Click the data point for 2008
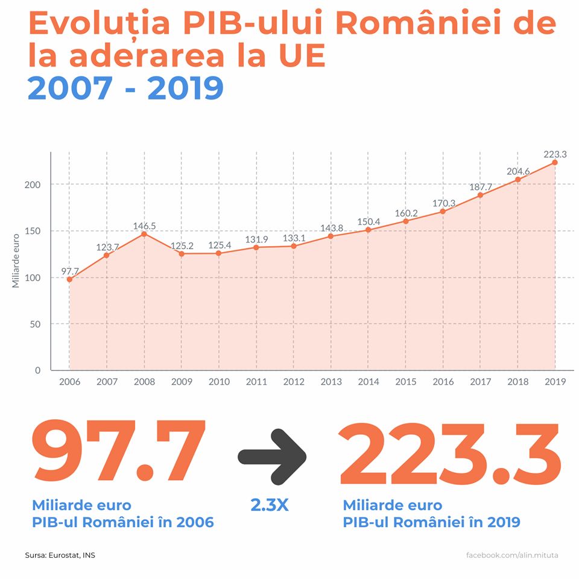(x=144, y=234)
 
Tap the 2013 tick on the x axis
(x=331, y=382)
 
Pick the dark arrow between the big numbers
(x=272, y=455)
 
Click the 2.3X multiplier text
(x=270, y=505)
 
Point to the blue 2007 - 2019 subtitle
(x=125, y=88)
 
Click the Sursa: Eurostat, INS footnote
(x=60, y=555)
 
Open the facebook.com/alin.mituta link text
(x=512, y=555)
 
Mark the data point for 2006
(x=69, y=279)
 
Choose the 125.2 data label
(x=182, y=247)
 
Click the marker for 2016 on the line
(x=443, y=211)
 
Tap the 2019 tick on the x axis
(x=555, y=382)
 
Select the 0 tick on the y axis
(x=37, y=370)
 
